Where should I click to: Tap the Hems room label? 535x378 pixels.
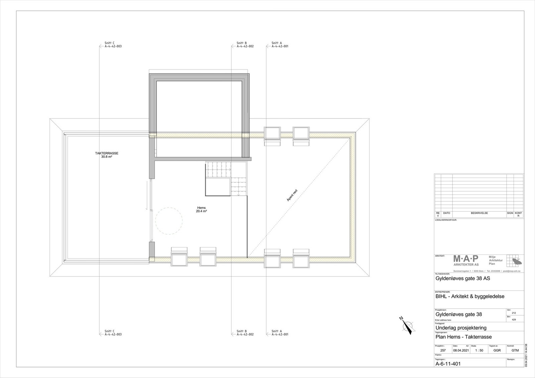click(x=201, y=209)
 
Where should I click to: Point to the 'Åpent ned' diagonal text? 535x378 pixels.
click(x=292, y=195)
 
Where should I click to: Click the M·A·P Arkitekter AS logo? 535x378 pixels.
click(x=466, y=260)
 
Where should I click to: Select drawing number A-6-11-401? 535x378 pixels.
click(x=448, y=364)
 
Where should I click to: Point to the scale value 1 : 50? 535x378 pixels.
click(x=478, y=351)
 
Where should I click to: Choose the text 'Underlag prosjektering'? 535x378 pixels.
click(x=461, y=328)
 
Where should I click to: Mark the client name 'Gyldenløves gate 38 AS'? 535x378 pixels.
click(x=462, y=278)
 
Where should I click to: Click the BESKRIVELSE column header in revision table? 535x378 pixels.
click(x=479, y=213)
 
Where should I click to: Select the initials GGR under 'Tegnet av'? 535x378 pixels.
click(x=497, y=351)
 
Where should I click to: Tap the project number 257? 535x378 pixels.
click(x=443, y=351)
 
